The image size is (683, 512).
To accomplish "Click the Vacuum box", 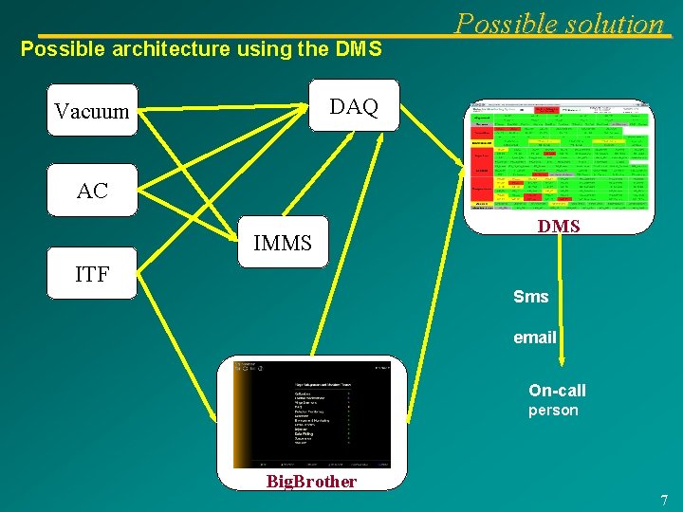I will (92, 111).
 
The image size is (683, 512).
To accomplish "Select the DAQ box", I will (354, 107).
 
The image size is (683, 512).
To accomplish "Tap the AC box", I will (92, 191).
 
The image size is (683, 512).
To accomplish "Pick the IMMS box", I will (283, 244).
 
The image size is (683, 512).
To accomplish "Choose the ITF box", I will (92, 274).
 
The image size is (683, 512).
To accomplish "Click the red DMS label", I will (559, 226).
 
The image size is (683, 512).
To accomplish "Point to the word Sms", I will (531, 297).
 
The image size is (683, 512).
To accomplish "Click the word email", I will (535, 337).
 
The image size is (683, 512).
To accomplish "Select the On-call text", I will (558, 391).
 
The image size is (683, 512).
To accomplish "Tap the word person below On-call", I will (553, 411).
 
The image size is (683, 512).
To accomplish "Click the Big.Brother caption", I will (311, 482).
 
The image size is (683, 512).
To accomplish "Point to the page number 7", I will (664, 500).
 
